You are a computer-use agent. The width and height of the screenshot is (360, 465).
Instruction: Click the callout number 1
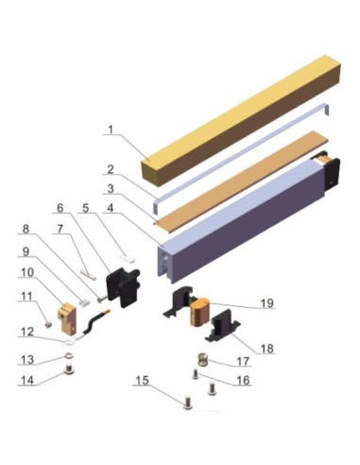[111, 129]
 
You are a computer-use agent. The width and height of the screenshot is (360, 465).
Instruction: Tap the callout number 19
[267, 303]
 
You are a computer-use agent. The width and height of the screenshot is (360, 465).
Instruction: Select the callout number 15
[142, 380]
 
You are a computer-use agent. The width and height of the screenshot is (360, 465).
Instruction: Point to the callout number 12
[27, 332]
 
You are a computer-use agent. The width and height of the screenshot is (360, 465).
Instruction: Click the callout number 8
[26, 229]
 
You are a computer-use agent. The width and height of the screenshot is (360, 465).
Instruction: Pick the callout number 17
[243, 361]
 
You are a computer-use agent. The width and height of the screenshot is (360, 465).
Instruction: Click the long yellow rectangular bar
[241, 119]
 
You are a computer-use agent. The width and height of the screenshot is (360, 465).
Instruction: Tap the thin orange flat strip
[241, 178]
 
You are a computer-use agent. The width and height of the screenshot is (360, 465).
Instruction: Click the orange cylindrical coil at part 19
[198, 312]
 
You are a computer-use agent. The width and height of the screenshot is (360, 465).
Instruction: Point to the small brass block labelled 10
[67, 318]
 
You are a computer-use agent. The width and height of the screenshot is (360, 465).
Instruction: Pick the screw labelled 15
[187, 402]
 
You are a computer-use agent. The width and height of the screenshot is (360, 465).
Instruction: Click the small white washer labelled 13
[69, 356]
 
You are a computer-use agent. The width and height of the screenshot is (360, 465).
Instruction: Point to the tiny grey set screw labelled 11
[48, 324]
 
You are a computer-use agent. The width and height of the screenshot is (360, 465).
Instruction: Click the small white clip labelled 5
[128, 258]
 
